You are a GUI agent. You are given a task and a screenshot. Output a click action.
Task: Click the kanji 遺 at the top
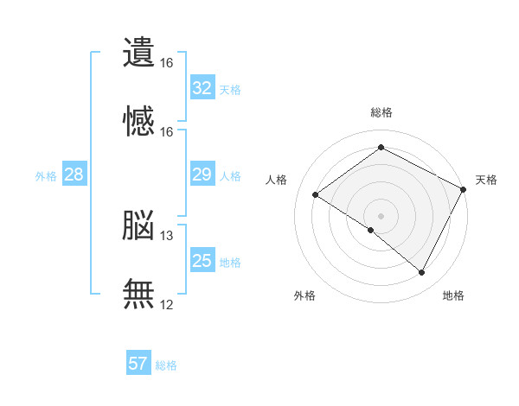tap(138, 52)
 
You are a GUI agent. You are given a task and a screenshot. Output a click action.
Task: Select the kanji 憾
tap(138, 121)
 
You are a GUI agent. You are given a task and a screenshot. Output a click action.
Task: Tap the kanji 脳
tap(138, 225)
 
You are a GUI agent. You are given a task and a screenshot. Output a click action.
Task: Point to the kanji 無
tap(138, 294)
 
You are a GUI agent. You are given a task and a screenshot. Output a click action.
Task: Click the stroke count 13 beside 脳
tap(166, 236)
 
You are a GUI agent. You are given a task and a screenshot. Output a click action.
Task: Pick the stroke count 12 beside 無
tap(166, 305)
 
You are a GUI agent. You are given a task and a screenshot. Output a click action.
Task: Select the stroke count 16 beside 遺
tap(166, 63)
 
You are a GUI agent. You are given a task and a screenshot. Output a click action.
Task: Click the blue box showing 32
tap(202, 87)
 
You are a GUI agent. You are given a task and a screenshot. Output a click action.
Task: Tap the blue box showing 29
tap(202, 174)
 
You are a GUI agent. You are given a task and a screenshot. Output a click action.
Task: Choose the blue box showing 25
tap(202, 259)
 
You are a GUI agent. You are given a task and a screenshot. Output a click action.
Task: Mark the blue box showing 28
tap(74, 174)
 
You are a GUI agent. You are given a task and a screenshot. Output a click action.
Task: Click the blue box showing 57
tap(138, 362)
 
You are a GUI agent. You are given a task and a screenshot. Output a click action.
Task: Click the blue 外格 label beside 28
tap(46, 176)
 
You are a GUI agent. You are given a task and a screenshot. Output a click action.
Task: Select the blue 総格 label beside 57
tap(166, 365)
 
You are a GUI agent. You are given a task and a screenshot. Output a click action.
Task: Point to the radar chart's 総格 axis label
tap(381, 112)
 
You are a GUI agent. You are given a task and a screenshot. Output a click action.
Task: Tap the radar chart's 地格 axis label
tap(453, 295)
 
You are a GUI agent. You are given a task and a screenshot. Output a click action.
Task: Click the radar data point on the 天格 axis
tap(463, 189)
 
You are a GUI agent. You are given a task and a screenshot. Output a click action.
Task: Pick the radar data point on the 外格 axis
tap(371, 230)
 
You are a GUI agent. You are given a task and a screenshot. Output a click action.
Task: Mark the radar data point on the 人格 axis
tap(316, 194)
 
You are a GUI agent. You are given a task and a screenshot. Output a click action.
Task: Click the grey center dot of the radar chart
tap(381, 216)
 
